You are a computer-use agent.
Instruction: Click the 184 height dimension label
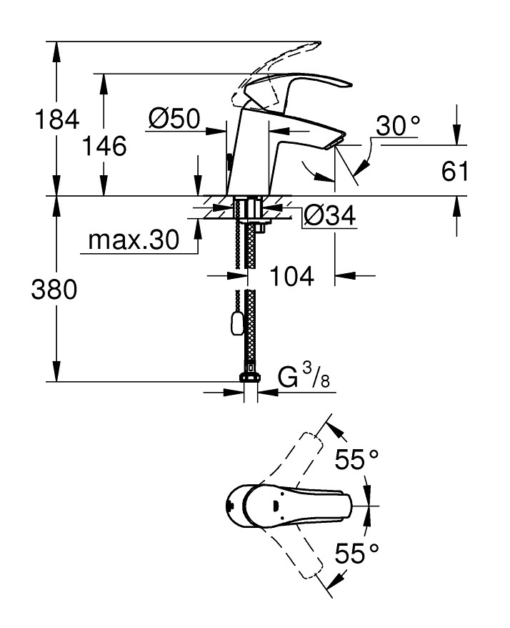[x=57, y=119]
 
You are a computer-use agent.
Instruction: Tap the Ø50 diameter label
[x=174, y=119]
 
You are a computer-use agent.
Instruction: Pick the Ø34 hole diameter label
[x=329, y=215]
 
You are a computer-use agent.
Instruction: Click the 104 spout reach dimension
[x=292, y=275]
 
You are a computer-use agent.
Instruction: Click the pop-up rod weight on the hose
[x=236, y=325]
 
